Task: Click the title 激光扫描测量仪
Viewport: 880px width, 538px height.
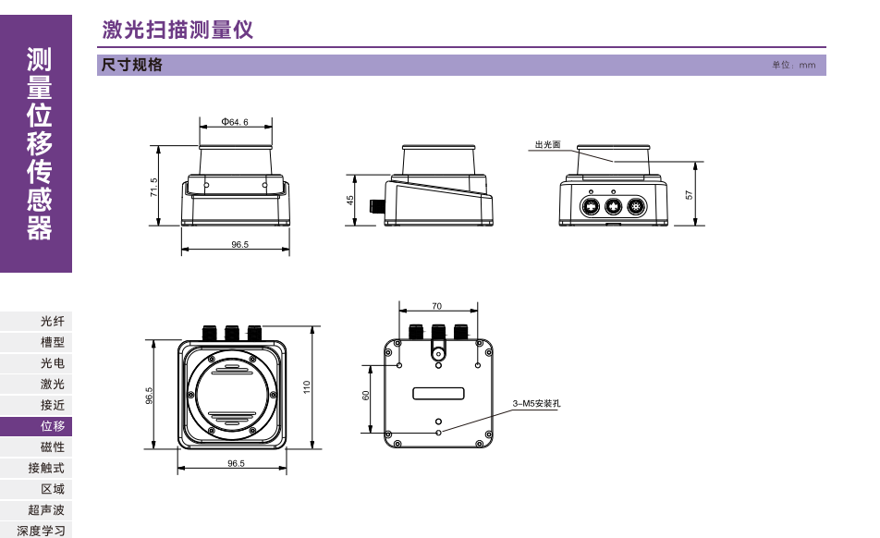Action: point(177,31)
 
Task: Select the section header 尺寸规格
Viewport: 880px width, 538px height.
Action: point(131,65)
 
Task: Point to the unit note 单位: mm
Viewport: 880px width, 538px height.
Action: point(794,66)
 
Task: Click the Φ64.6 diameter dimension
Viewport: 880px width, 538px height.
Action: point(235,122)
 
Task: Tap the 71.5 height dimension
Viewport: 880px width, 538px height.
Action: point(154,186)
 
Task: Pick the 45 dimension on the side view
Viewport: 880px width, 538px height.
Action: point(351,200)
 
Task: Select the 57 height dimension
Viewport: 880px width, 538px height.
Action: point(688,194)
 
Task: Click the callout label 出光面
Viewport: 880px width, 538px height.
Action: point(547,144)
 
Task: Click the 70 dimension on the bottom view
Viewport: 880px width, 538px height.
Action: point(436,305)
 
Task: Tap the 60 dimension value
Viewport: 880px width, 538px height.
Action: point(366,396)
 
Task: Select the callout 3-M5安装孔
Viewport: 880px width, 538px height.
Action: point(537,404)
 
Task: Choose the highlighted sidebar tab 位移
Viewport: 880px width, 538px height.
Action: point(53,426)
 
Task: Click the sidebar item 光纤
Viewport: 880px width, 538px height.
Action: point(53,321)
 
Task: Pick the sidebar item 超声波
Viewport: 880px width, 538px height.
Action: point(46,510)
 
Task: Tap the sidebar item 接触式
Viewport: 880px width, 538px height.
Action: point(46,469)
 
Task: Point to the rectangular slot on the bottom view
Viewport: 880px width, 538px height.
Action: point(438,393)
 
